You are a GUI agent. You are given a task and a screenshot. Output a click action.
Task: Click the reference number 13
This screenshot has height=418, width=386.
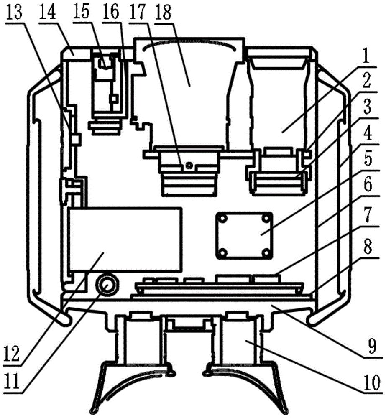pos(14,12)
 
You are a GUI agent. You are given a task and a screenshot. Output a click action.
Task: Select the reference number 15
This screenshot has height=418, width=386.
pos(81,12)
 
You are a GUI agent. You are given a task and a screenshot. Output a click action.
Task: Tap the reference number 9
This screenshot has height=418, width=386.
pos(371,347)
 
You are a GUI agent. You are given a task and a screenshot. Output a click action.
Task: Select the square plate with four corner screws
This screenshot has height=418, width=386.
pos(245,235)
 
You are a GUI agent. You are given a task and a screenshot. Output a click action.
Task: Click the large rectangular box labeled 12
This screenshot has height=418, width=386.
pos(125,239)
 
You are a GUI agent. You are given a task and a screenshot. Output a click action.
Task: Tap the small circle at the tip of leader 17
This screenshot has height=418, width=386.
pos(189,166)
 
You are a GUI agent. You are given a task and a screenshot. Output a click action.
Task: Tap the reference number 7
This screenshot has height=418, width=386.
pos(368,214)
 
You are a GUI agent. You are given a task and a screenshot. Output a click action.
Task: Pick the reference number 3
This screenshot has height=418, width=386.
pos(368,107)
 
